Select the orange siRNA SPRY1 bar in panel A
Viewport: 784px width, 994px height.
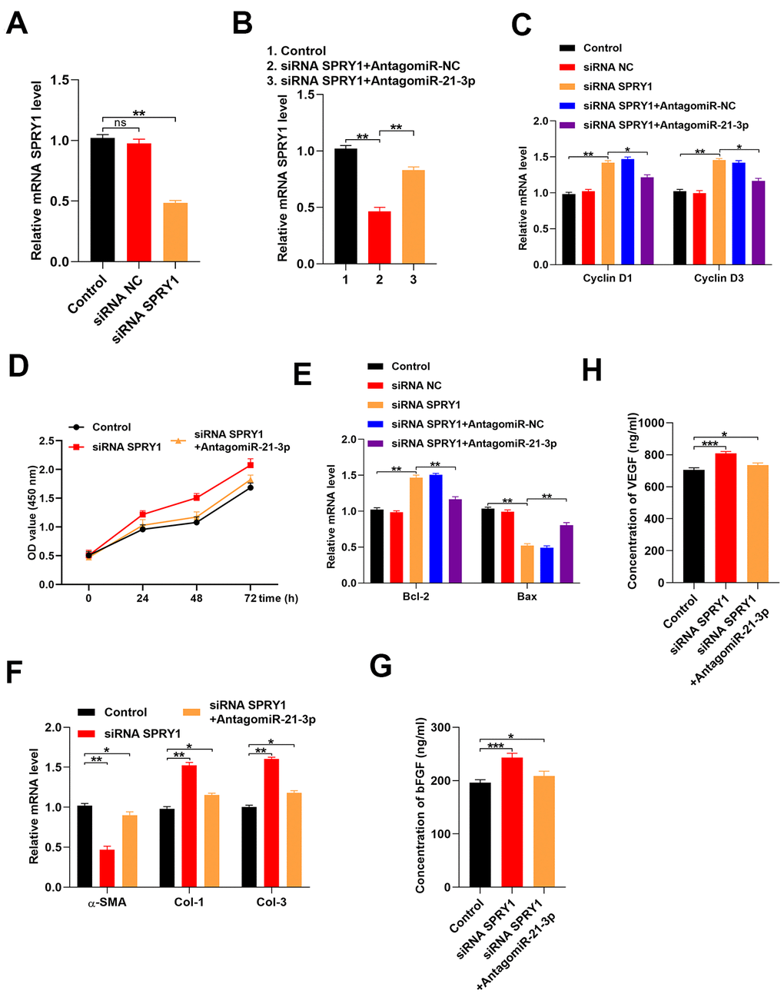(175, 232)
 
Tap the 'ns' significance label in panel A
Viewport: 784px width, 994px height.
(120, 122)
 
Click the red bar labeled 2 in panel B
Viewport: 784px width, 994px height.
(379, 237)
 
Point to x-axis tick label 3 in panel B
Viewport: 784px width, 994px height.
(413, 280)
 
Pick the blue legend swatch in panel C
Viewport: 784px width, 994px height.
(567, 106)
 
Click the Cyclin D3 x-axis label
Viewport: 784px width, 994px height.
(718, 278)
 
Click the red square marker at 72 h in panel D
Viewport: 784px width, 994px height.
(251, 465)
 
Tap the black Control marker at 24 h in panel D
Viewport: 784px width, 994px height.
(143, 529)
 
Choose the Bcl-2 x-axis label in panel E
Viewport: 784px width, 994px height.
(415, 597)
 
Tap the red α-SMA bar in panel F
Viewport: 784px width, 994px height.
(107, 868)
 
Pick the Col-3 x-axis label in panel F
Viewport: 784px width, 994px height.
(271, 903)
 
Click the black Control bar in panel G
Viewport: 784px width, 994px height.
(480, 835)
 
